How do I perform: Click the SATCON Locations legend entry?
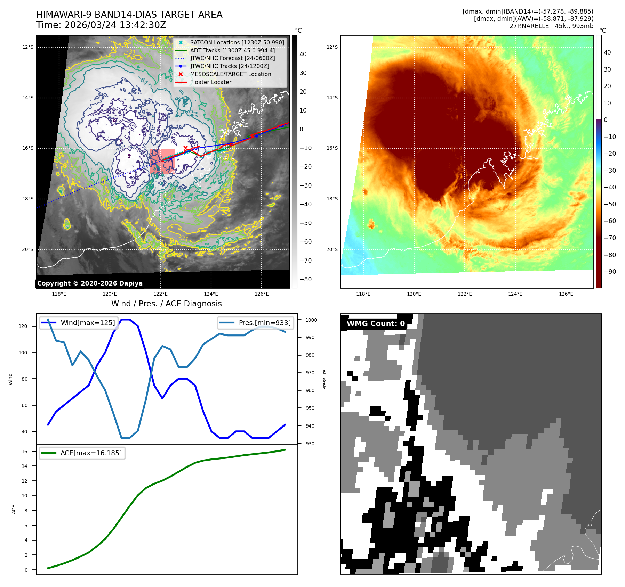[237, 42]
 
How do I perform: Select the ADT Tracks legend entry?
[232, 50]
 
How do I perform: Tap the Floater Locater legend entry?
[210, 82]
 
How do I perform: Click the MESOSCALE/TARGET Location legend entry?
[230, 74]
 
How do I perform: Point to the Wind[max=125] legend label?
[88, 323]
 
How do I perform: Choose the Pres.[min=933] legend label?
[265, 323]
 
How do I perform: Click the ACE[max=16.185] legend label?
[91, 453]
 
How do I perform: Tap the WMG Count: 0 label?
[376, 323]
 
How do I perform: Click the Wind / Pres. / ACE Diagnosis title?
[166, 304]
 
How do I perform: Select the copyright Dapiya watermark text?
[90, 283]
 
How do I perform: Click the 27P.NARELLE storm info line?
[551, 26]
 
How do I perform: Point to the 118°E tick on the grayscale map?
[59, 294]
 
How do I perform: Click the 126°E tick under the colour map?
[566, 294]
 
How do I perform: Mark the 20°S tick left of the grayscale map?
[28, 249]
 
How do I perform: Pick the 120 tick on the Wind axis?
[23, 326]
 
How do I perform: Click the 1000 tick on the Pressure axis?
[311, 320]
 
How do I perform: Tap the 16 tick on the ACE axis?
[25, 452]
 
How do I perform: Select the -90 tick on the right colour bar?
[610, 272]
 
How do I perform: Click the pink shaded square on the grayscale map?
[162, 161]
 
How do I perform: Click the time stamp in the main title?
[101, 25]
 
